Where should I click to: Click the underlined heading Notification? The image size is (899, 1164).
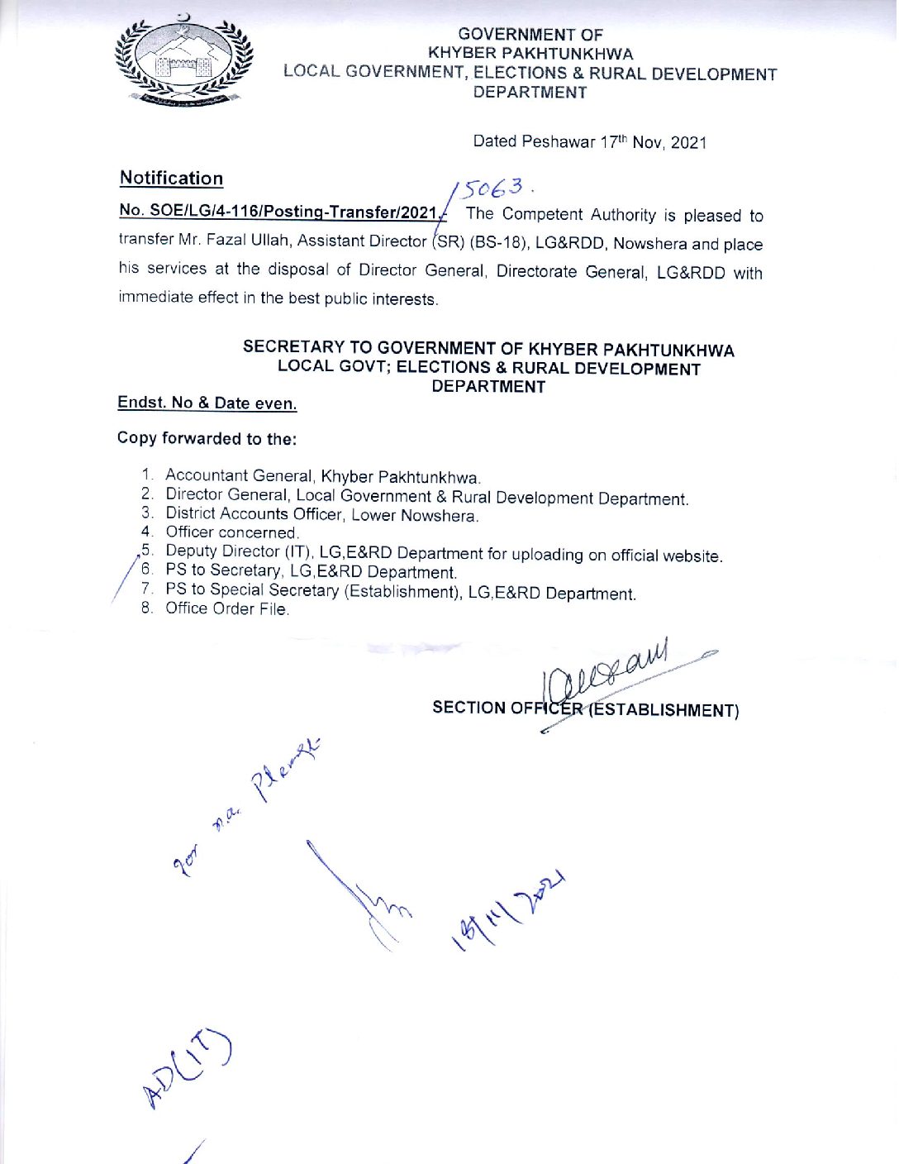171,179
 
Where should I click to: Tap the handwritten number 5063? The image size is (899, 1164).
493,189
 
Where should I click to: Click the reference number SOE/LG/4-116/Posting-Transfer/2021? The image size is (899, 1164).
278,212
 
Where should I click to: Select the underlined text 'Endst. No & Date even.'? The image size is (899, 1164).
207,403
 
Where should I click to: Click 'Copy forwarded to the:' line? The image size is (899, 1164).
207,439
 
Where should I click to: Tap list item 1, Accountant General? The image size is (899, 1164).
321,477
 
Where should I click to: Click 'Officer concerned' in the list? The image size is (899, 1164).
231,532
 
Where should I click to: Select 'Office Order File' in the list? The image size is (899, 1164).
226,609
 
